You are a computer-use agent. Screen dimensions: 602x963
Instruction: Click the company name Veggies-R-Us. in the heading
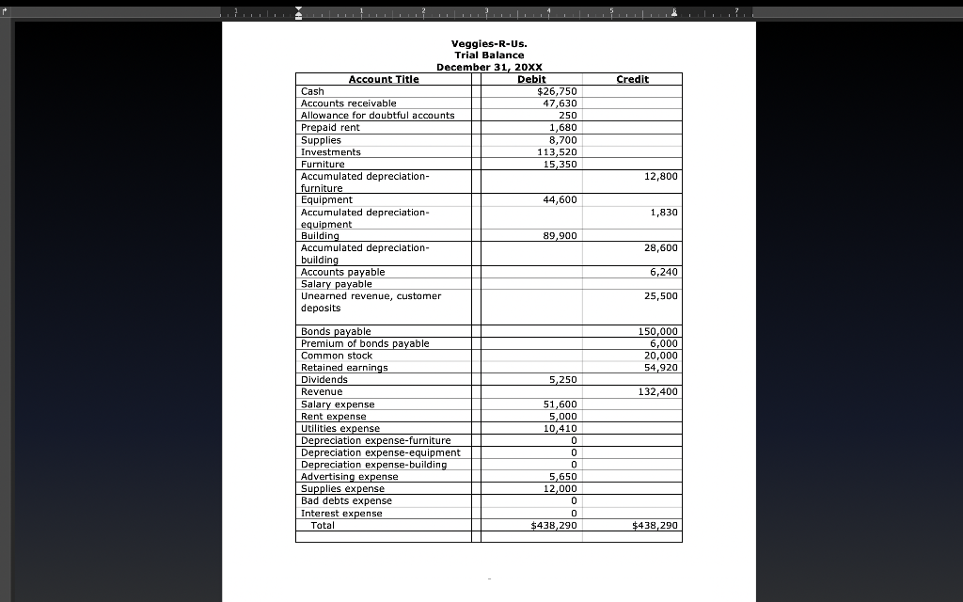489,43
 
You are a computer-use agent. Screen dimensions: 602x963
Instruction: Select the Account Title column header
384,79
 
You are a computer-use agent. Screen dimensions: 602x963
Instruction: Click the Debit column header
532,79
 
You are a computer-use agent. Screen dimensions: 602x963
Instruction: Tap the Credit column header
632,79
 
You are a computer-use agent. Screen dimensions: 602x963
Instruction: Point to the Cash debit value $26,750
556,91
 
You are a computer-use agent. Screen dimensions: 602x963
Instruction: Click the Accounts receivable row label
348,103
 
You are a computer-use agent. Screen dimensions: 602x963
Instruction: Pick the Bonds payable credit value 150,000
657,331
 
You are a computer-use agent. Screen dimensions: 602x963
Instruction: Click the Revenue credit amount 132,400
657,391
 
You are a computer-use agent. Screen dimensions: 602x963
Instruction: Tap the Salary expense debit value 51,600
560,404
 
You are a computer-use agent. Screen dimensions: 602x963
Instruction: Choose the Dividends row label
324,380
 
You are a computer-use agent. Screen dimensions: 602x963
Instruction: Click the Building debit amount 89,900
560,236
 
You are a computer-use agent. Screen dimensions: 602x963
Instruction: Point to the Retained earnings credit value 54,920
660,368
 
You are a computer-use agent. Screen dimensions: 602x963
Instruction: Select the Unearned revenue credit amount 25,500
660,296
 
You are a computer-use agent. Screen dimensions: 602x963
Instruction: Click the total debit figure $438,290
554,525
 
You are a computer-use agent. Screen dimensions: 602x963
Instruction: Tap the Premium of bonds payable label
365,343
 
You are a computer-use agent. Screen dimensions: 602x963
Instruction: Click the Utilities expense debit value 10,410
560,428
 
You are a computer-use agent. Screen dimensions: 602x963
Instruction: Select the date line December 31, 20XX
489,68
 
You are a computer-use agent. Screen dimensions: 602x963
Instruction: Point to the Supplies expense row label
342,488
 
